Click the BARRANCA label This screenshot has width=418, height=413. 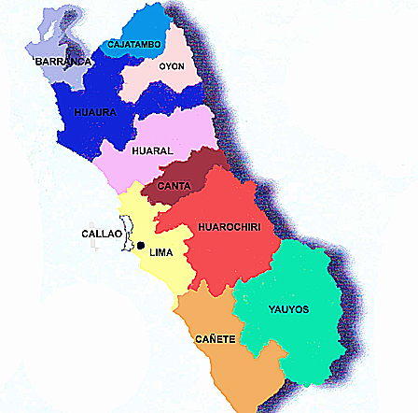point(63,62)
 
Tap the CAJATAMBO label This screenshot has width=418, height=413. point(135,44)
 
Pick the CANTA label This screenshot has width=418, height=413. point(174,185)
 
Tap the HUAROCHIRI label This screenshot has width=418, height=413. point(229,226)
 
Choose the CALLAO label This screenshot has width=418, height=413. point(101,234)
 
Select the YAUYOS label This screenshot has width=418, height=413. point(288,309)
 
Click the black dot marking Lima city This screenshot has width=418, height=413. point(141,247)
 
